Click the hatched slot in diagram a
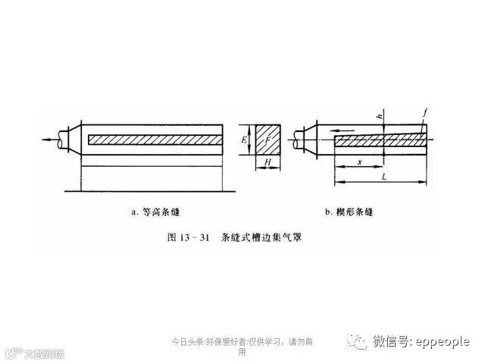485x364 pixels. [x=155, y=140]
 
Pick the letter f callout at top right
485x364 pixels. [x=426, y=112]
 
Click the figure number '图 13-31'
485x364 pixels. [x=187, y=237]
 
